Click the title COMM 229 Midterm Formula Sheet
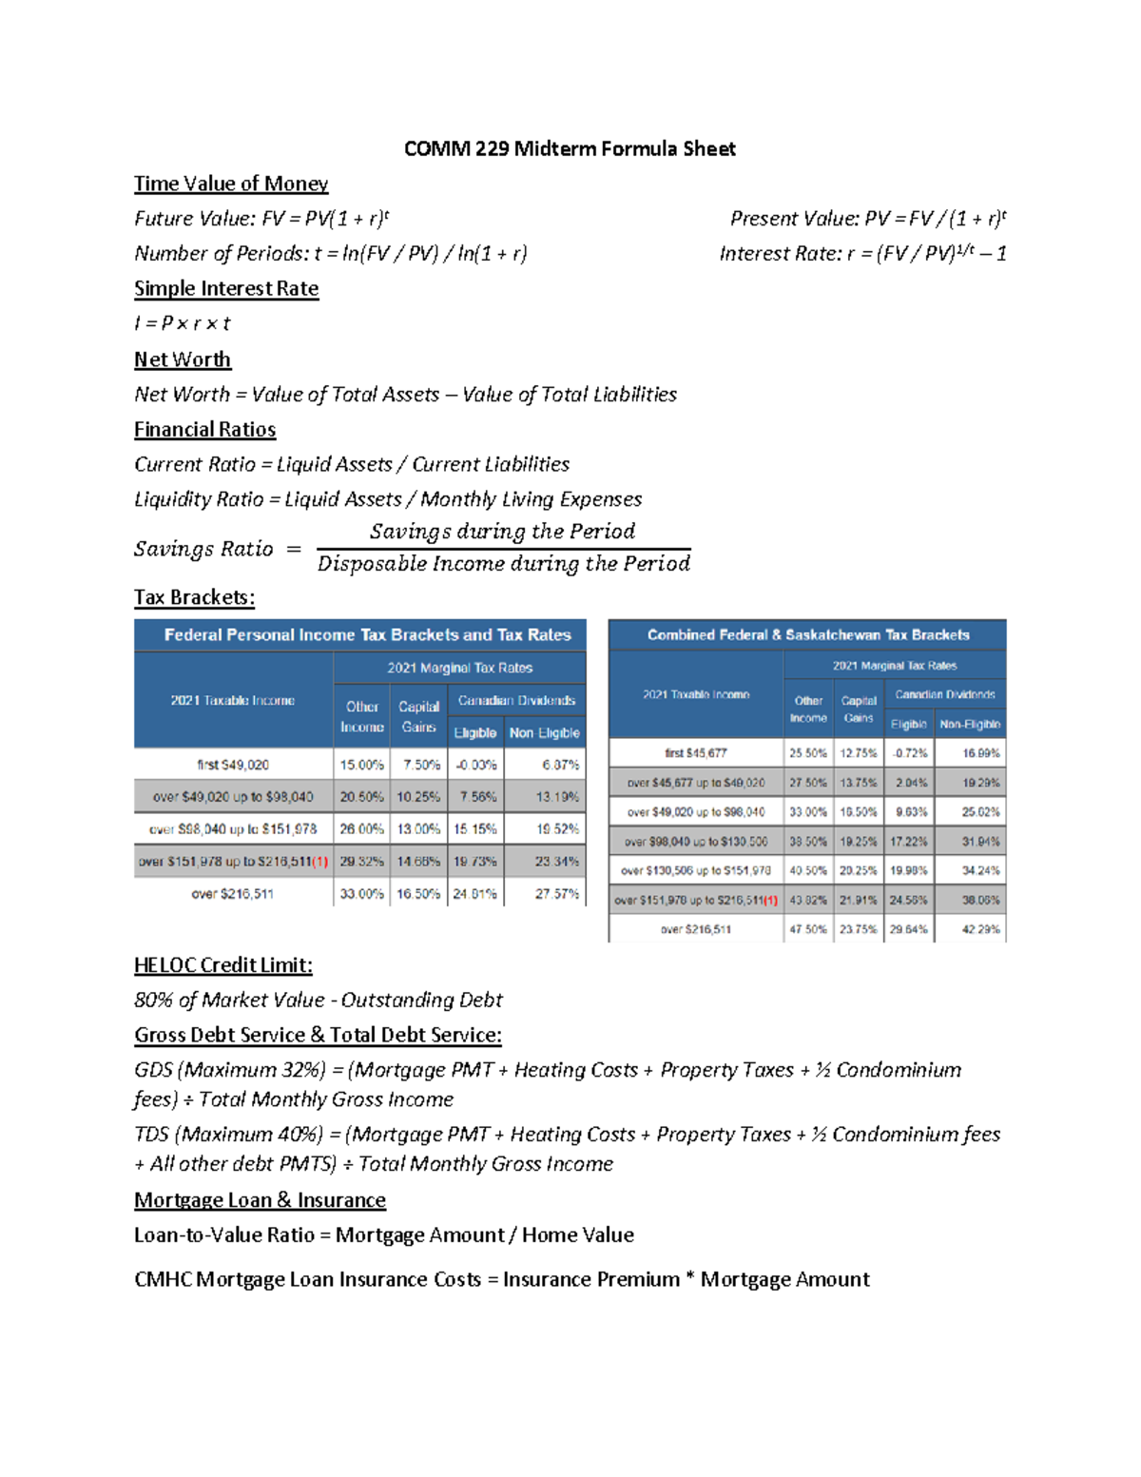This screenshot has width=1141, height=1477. click(x=570, y=148)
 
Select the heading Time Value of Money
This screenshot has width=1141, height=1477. click(x=231, y=184)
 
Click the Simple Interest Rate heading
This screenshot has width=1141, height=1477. click(x=226, y=288)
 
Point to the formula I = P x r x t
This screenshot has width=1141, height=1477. click(x=183, y=323)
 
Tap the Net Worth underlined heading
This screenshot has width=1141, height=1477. click(x=183, y=360)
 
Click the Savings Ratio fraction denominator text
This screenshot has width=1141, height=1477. click(x=503, y=564)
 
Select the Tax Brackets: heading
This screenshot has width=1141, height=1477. click(x=194, y=597)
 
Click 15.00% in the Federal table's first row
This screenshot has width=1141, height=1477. click(x=361, y=765)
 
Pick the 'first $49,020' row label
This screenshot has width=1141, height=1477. click(x=233, y=765)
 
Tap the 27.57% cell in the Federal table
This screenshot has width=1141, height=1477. click(x=556, y=894)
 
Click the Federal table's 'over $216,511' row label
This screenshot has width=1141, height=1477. click(x=233, y=894)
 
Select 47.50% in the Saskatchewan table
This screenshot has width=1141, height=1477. click(x=807, y=929)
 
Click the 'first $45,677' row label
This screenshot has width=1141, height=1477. click(x=696, y=753)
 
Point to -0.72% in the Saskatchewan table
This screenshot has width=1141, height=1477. click(x=908, y=753)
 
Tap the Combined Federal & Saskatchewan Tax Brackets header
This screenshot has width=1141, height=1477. click(x=808, y=634)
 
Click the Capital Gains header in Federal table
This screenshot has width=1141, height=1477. click(x=418, y=717)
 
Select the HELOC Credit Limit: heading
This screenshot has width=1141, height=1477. click(x=223, y=965)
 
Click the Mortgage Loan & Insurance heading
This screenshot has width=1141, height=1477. click(x=260, y=1200)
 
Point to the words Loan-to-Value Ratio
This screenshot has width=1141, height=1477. click(x=224, y=1235)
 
